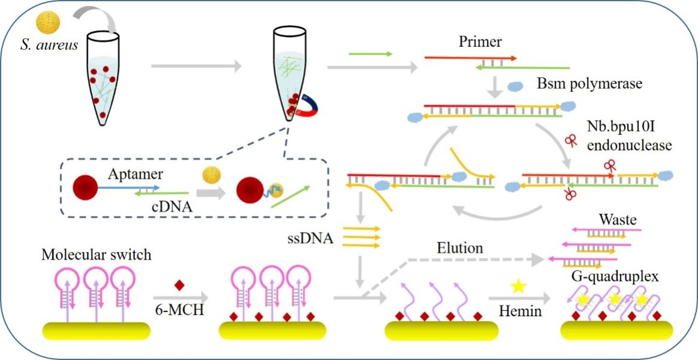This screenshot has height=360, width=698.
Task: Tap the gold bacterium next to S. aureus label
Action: (x=47, y=22)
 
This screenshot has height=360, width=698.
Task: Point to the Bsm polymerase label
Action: (x=590, y=84)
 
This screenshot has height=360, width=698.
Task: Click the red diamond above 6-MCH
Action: (x=178, y=285)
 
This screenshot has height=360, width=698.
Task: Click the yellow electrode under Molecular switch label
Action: (x=96, y=331)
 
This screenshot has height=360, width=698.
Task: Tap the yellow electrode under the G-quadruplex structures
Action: (x=616, y=331)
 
